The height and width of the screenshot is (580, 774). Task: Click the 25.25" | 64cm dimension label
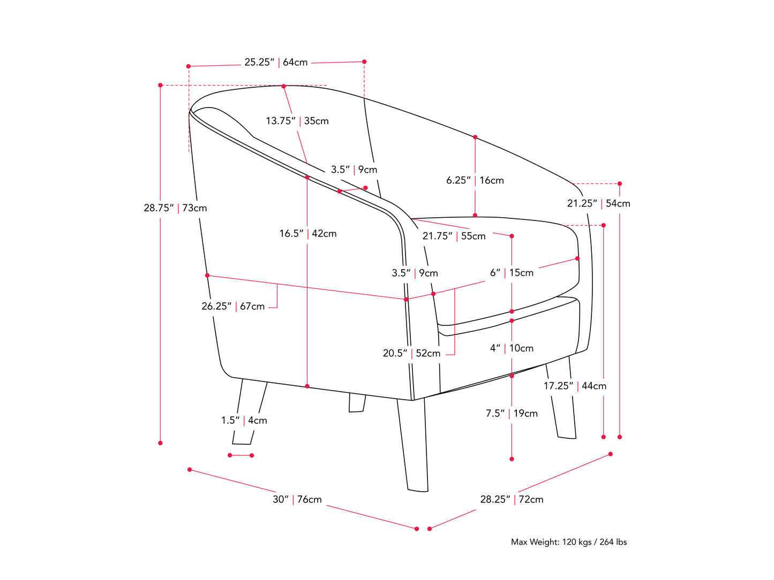[x=276, y=63]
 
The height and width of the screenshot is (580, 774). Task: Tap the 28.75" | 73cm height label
[x=175, y=208]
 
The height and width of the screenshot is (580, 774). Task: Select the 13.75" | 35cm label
[x=297, y=121]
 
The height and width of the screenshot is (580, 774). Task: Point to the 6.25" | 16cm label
[x=475, y=180]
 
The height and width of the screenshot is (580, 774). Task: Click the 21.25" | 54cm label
[x=598, y=203]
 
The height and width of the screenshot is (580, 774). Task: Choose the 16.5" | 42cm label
[x=308, y=233]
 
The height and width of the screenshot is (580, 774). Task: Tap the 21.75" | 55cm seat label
[x=454, y=236]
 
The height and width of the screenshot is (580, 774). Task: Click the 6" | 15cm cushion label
[x=512, y=273]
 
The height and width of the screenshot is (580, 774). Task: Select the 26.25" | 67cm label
[x=233, y=307]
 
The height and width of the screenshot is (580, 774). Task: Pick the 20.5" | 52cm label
[x=411, y=353]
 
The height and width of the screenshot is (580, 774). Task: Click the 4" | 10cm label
[x=512, y=348]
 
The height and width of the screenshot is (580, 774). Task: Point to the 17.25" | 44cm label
[x=575, y=386]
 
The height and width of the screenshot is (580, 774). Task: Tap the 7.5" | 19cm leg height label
[x=512, y=414]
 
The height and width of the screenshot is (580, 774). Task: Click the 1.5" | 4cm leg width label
[x=244, y=421]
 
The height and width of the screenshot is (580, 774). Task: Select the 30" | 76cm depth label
[x=297, y=500]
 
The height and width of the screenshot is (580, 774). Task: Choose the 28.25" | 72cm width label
[x=512, y=500]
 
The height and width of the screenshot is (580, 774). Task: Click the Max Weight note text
[x=568, y=542]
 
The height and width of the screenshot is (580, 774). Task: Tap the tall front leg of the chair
[x=412, y=444]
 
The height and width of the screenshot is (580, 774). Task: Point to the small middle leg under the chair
[x=356, y=403]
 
